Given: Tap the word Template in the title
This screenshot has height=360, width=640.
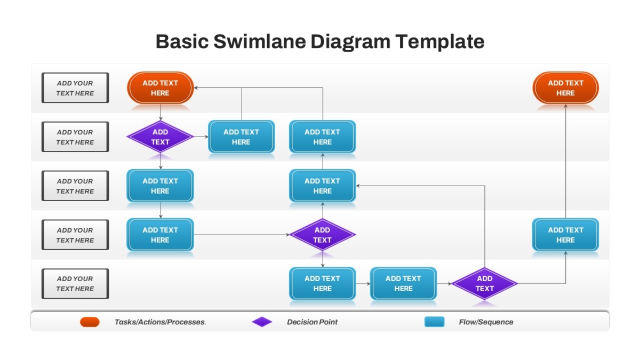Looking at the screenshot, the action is pos(440,42).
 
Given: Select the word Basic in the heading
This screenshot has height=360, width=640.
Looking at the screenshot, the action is pos(182,42).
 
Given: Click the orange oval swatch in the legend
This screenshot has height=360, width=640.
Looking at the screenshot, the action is pos(90,322).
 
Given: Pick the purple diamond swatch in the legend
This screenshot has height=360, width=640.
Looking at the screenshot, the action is pos(262,322).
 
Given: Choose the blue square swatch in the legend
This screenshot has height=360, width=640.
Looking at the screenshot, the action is pos(434,322).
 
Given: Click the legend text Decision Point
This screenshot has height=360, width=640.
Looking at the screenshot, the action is pos(312,322).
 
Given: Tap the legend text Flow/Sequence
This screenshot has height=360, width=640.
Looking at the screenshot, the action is pos(486,322).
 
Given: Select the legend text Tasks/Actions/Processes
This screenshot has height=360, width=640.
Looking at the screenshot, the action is pos(160,322).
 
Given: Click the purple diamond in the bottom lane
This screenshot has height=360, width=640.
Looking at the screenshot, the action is pos(485,284).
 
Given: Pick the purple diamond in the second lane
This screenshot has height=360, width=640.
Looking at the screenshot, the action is pos(161,137).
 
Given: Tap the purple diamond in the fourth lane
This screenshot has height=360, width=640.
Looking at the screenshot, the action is pos(323,235).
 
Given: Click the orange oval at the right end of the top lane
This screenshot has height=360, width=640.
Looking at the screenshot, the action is pos(565,87).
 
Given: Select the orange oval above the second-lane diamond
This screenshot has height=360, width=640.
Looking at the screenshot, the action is pos(161,87).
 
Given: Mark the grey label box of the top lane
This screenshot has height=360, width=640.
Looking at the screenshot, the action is pos(75,87).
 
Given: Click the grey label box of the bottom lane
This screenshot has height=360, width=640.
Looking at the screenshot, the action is pos(75,284).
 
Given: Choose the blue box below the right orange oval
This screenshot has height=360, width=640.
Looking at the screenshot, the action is pos(565,235).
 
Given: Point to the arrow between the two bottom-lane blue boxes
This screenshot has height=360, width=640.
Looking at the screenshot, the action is pos(363,284).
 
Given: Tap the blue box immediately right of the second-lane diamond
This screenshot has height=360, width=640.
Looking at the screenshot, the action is pos(242,137).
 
